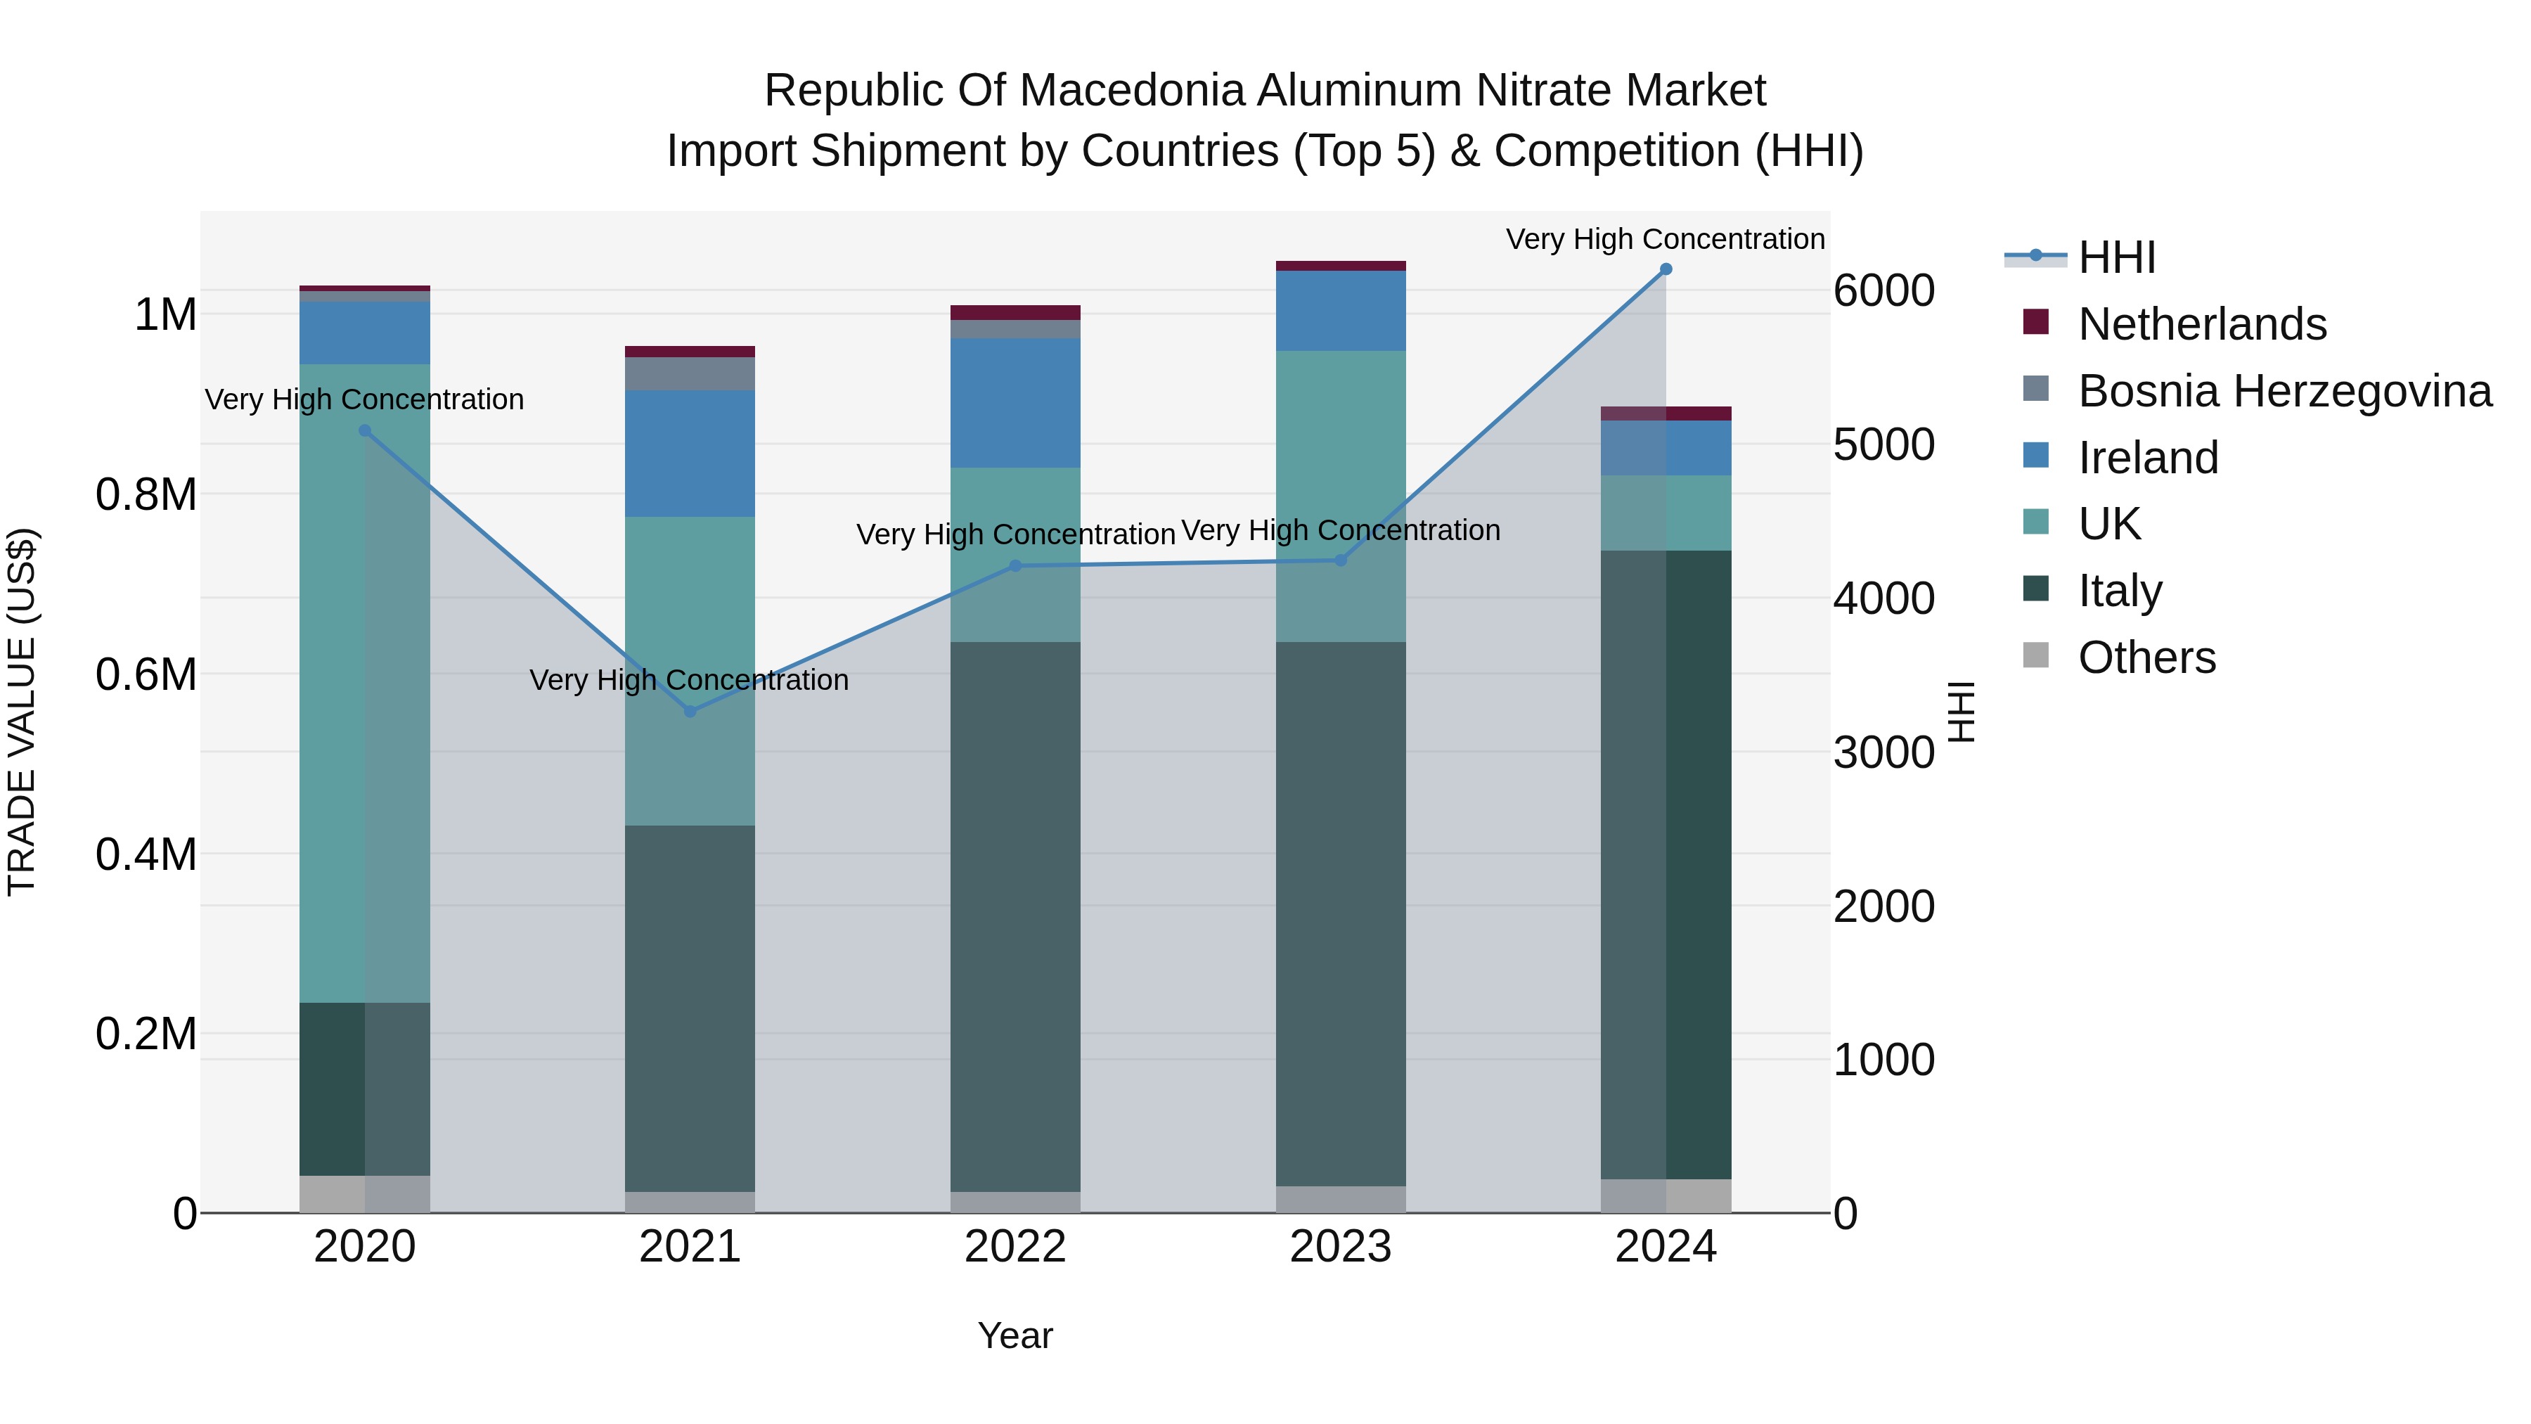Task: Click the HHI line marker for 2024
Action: tap(1666, 269)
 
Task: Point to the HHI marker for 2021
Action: tap(690, 712)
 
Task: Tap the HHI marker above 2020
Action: tap(364, 430)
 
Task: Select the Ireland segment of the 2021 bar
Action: tap(690, 453)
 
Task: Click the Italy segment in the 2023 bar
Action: tap(1340, 914)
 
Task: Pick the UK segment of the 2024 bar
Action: tap(1666, 513)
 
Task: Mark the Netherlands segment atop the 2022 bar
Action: tap(1015, 312)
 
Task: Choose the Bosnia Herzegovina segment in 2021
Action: tap(690, 373)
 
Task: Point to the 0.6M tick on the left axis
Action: tap(146, 675)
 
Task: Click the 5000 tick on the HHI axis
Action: tap(1883, 444)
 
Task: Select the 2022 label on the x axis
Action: tap(1015, 1247)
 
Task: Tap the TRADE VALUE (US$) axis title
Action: tap(22, 712)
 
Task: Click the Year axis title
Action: tap(1015, 1335)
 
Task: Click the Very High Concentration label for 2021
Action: tap(689, 680)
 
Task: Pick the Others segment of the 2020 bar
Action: tap(364, 1194)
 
